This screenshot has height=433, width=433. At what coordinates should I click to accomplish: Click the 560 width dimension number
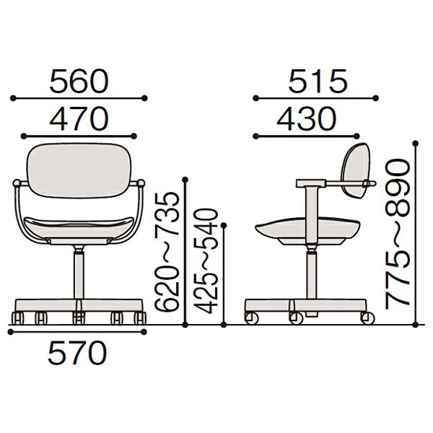(79, 81)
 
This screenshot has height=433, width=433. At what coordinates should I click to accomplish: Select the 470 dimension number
(79, 119)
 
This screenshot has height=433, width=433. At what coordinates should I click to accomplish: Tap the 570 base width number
(77, 353)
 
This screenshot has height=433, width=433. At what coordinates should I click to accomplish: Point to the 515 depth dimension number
(318, 81)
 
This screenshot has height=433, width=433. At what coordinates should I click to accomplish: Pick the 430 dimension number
(307, 119)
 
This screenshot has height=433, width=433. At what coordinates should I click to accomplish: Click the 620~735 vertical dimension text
(167, 252)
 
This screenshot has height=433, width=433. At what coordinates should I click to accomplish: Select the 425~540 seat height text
(206, 261)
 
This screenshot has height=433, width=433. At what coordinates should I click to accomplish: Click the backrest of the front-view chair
(79, 170)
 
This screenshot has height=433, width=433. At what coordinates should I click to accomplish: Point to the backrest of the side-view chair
(356, 170)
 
